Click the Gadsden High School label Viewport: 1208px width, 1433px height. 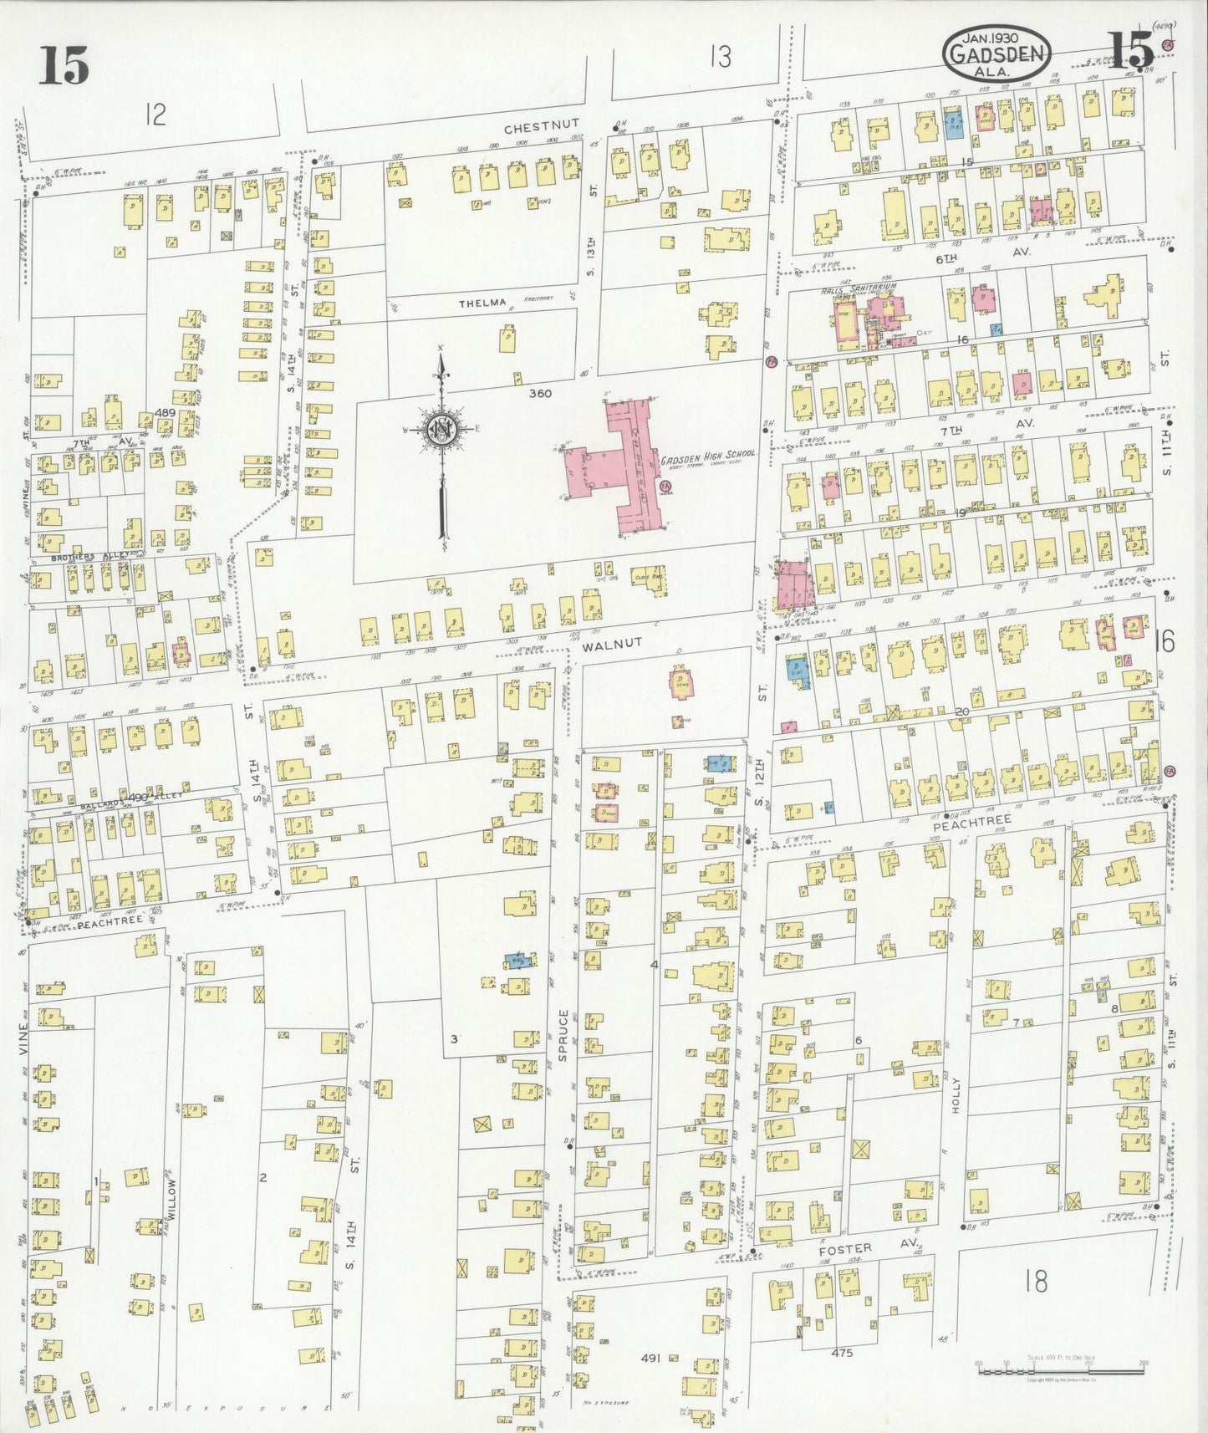tap(707, 454)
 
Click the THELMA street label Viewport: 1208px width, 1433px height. tap(482, 303)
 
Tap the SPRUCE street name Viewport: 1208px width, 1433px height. tap(563, 1035)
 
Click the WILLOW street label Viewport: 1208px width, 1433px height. tap(171, 1202)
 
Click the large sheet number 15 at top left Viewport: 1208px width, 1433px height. tap(64, 67)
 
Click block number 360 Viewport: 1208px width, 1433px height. tap(540, 393)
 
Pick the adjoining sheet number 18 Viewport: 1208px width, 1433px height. tap(1035, 1281)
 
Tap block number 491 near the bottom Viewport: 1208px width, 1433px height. tap(650, 1359)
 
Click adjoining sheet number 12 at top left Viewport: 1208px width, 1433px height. tap(155, 113)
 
